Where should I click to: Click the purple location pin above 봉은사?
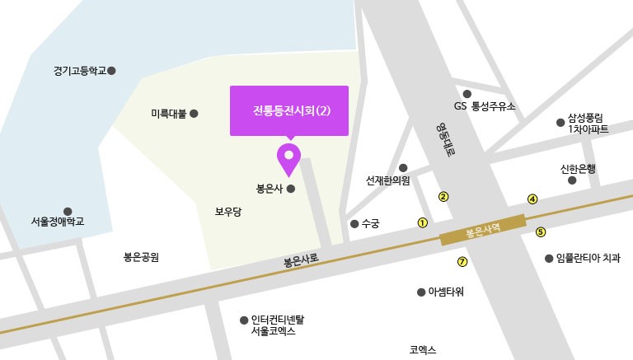coord(288,157)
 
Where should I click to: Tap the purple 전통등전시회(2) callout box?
coord(288,110)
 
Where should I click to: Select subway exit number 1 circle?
coord(423,222)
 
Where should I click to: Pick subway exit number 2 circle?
coord(443,196)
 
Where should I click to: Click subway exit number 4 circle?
coord(532,199)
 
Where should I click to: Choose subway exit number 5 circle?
coord(541,231)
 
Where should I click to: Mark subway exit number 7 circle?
coord(462,262)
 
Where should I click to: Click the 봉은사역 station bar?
coord(482,231)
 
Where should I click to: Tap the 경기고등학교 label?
coord(79,71)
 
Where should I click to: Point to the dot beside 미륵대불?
coord(195,114)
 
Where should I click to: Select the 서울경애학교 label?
coord(58,222)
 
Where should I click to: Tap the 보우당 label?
coord(227,212)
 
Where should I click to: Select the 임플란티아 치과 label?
coord(588,258)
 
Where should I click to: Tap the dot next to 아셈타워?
coord(422,292)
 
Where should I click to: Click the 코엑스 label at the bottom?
coord(422,349)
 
